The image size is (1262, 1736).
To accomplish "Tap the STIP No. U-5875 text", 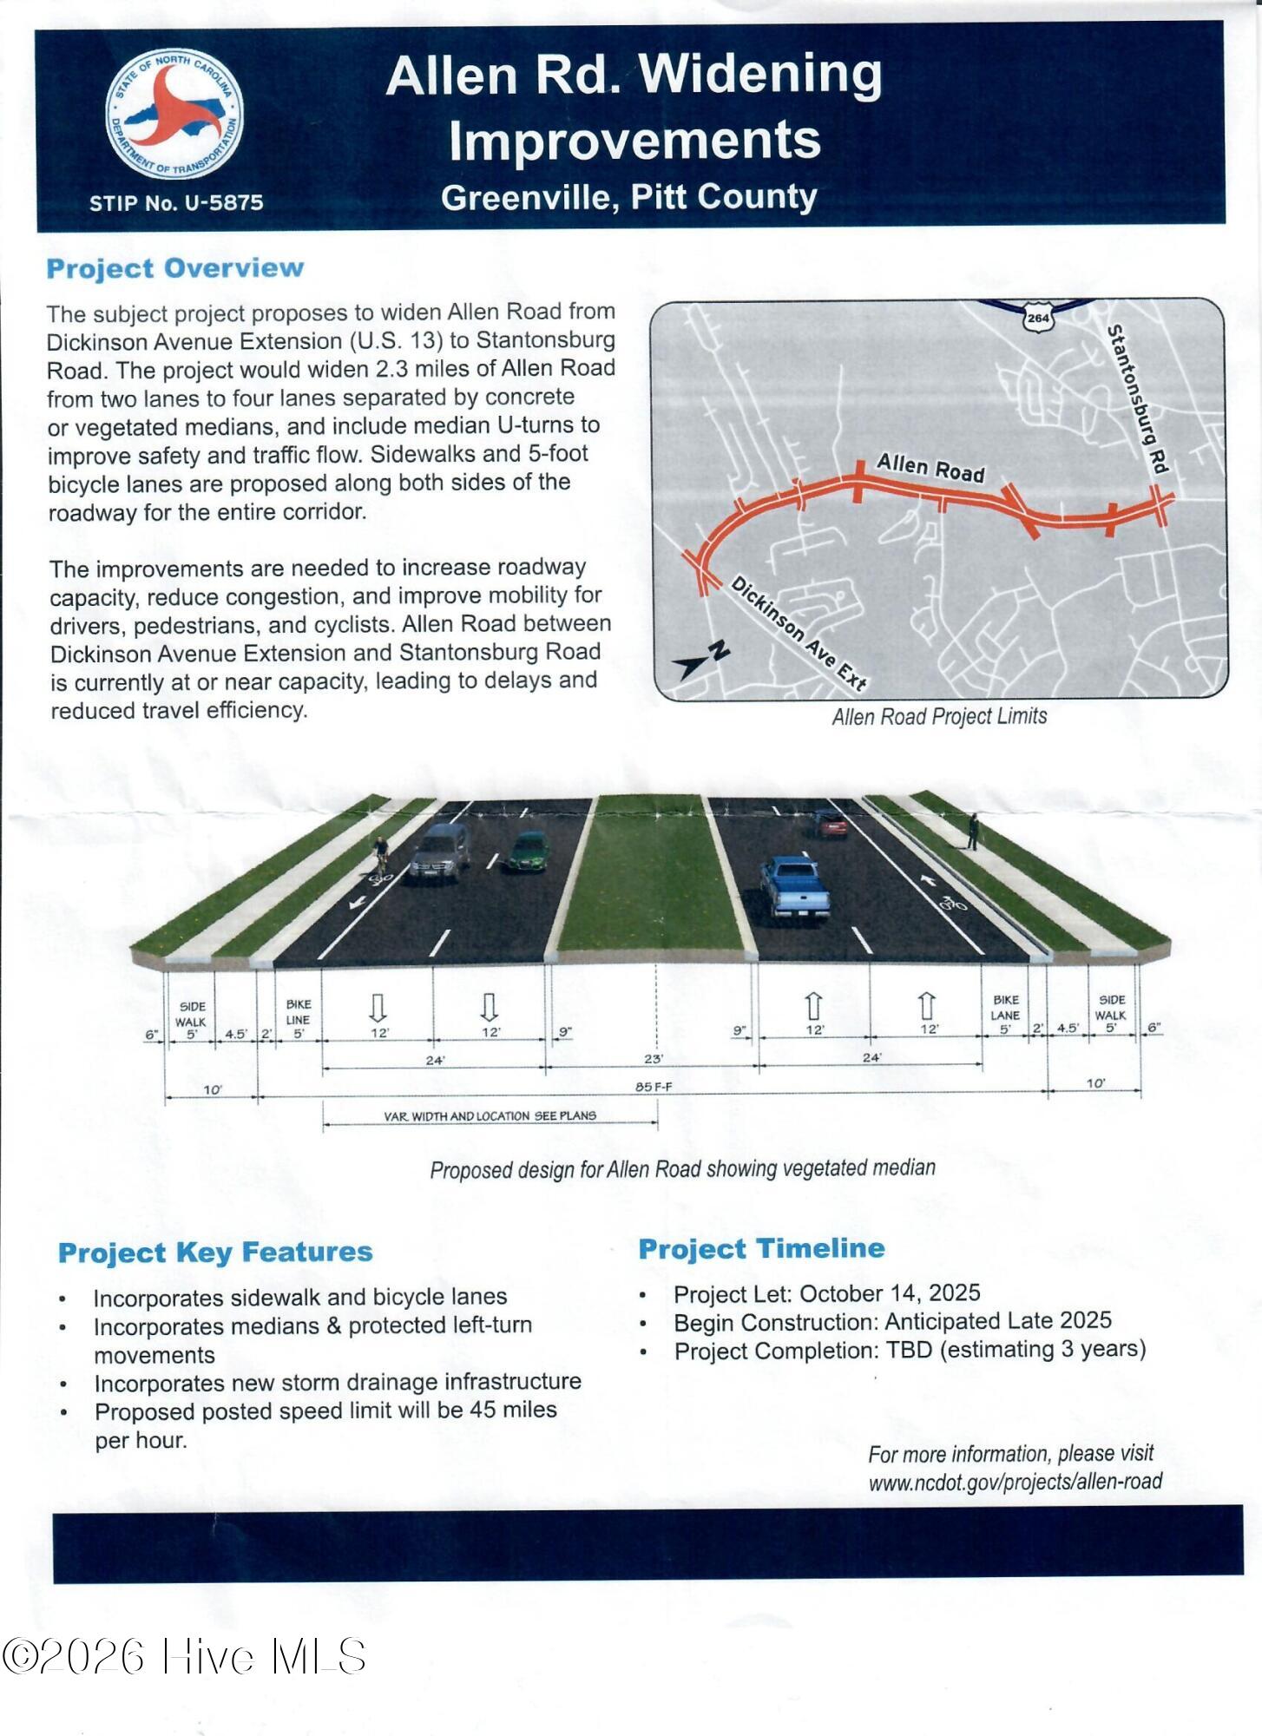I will click(x=176, y=203).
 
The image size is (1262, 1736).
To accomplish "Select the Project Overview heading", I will click(x=175, y=268).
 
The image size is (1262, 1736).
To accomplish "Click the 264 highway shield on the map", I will click(x=1038, y=318).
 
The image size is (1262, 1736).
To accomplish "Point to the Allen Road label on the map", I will click(x=930, y=468).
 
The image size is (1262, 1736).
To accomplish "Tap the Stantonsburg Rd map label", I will click(x=1137, y=399).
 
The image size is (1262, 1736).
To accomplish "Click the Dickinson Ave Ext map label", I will click(x=799, y=634).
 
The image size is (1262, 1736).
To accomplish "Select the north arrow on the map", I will click(x=702, y=661).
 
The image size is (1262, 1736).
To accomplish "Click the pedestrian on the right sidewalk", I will click(x=974, y=831).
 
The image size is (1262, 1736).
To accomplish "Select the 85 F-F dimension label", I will click(x=654, y=1087).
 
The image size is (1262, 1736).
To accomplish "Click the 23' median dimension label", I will click(x=654, y=1059).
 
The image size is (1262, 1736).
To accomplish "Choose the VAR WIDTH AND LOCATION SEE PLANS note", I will click(x=490, y=1115).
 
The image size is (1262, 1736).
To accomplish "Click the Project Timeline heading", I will click(x=761, y=1248).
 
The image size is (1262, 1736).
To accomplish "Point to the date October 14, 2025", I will click(x=890, y=1292).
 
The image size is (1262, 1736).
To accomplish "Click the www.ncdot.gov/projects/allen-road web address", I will click(x=1015, y=1481).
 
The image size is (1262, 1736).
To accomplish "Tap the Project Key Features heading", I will click(x=215, y=1252).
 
